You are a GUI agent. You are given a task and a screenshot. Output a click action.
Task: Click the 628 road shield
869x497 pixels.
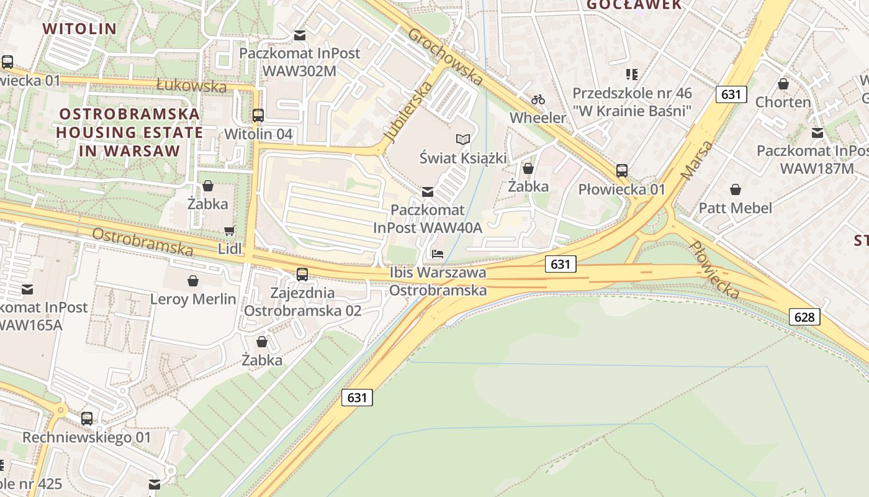click(804, 317)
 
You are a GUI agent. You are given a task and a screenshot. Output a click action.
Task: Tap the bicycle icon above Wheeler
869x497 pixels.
click(538, 99)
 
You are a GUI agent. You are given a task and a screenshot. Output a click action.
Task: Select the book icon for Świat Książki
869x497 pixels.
click(463, 139)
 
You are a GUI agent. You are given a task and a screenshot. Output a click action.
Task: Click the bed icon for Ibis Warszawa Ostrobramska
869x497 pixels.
click(438, 254)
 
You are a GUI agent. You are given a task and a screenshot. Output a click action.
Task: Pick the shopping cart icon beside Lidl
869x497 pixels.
click(229, 231)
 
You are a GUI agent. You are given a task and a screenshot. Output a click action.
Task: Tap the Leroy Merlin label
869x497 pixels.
click(193, 299)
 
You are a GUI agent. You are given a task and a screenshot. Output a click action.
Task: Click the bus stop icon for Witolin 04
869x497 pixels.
click(258, 115)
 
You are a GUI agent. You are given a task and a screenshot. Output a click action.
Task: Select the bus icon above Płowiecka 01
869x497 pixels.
click(622, 171)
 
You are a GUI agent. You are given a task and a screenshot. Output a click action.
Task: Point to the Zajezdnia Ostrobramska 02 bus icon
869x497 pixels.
click(302, 274)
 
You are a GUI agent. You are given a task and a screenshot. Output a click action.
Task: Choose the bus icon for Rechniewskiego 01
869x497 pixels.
click(87, 419)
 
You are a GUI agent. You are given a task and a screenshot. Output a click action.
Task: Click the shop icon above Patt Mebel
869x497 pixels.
click(736, 189)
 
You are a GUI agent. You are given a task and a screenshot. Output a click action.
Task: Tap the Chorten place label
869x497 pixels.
click(783, 102)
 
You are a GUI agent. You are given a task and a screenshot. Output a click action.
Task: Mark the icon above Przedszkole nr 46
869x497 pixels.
click(632, 75)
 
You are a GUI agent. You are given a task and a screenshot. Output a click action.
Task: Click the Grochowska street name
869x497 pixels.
click(445, 56)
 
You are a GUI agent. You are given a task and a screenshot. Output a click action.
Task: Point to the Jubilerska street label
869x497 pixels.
click(408, 111)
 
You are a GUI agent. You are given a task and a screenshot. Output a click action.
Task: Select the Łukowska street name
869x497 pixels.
click(191, 85)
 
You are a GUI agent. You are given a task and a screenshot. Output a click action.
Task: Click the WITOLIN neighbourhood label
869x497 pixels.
click(79, 29)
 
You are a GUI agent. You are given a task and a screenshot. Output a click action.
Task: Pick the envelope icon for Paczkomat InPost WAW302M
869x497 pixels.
click(300, 35)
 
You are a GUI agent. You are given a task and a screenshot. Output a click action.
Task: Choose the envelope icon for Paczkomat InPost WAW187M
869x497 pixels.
click(817, 132)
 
